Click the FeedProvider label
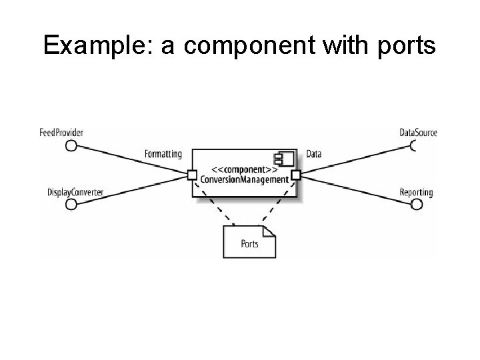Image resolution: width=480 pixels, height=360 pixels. pos(61,133)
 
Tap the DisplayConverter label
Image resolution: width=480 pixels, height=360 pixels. pos(75,193)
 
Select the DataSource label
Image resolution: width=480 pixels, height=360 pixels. pos(418,133)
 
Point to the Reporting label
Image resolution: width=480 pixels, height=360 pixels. pos(416,193)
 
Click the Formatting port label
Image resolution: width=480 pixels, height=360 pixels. pos(163,154)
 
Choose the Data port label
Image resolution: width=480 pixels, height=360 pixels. pos(313,154)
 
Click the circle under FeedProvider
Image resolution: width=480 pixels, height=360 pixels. pos(71,145)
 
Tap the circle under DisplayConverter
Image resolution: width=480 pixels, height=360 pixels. pos(71,204)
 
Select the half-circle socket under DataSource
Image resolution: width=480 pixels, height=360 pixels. pos(417,145)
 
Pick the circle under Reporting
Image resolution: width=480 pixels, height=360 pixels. pos(417,204)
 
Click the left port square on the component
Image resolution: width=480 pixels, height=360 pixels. pos(192,175)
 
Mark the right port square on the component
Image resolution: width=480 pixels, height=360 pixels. pos(296,175)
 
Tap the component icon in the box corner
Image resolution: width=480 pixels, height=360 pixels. pos(285,159)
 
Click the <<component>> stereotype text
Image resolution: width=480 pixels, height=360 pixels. pos(244,169)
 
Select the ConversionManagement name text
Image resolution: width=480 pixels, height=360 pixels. pos(244,179)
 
